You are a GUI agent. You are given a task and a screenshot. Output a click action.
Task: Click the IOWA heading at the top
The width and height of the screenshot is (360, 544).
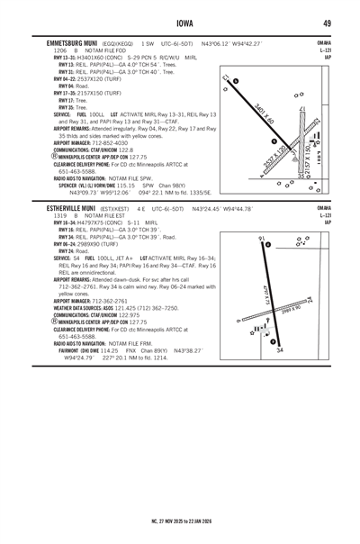click(180, 23)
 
